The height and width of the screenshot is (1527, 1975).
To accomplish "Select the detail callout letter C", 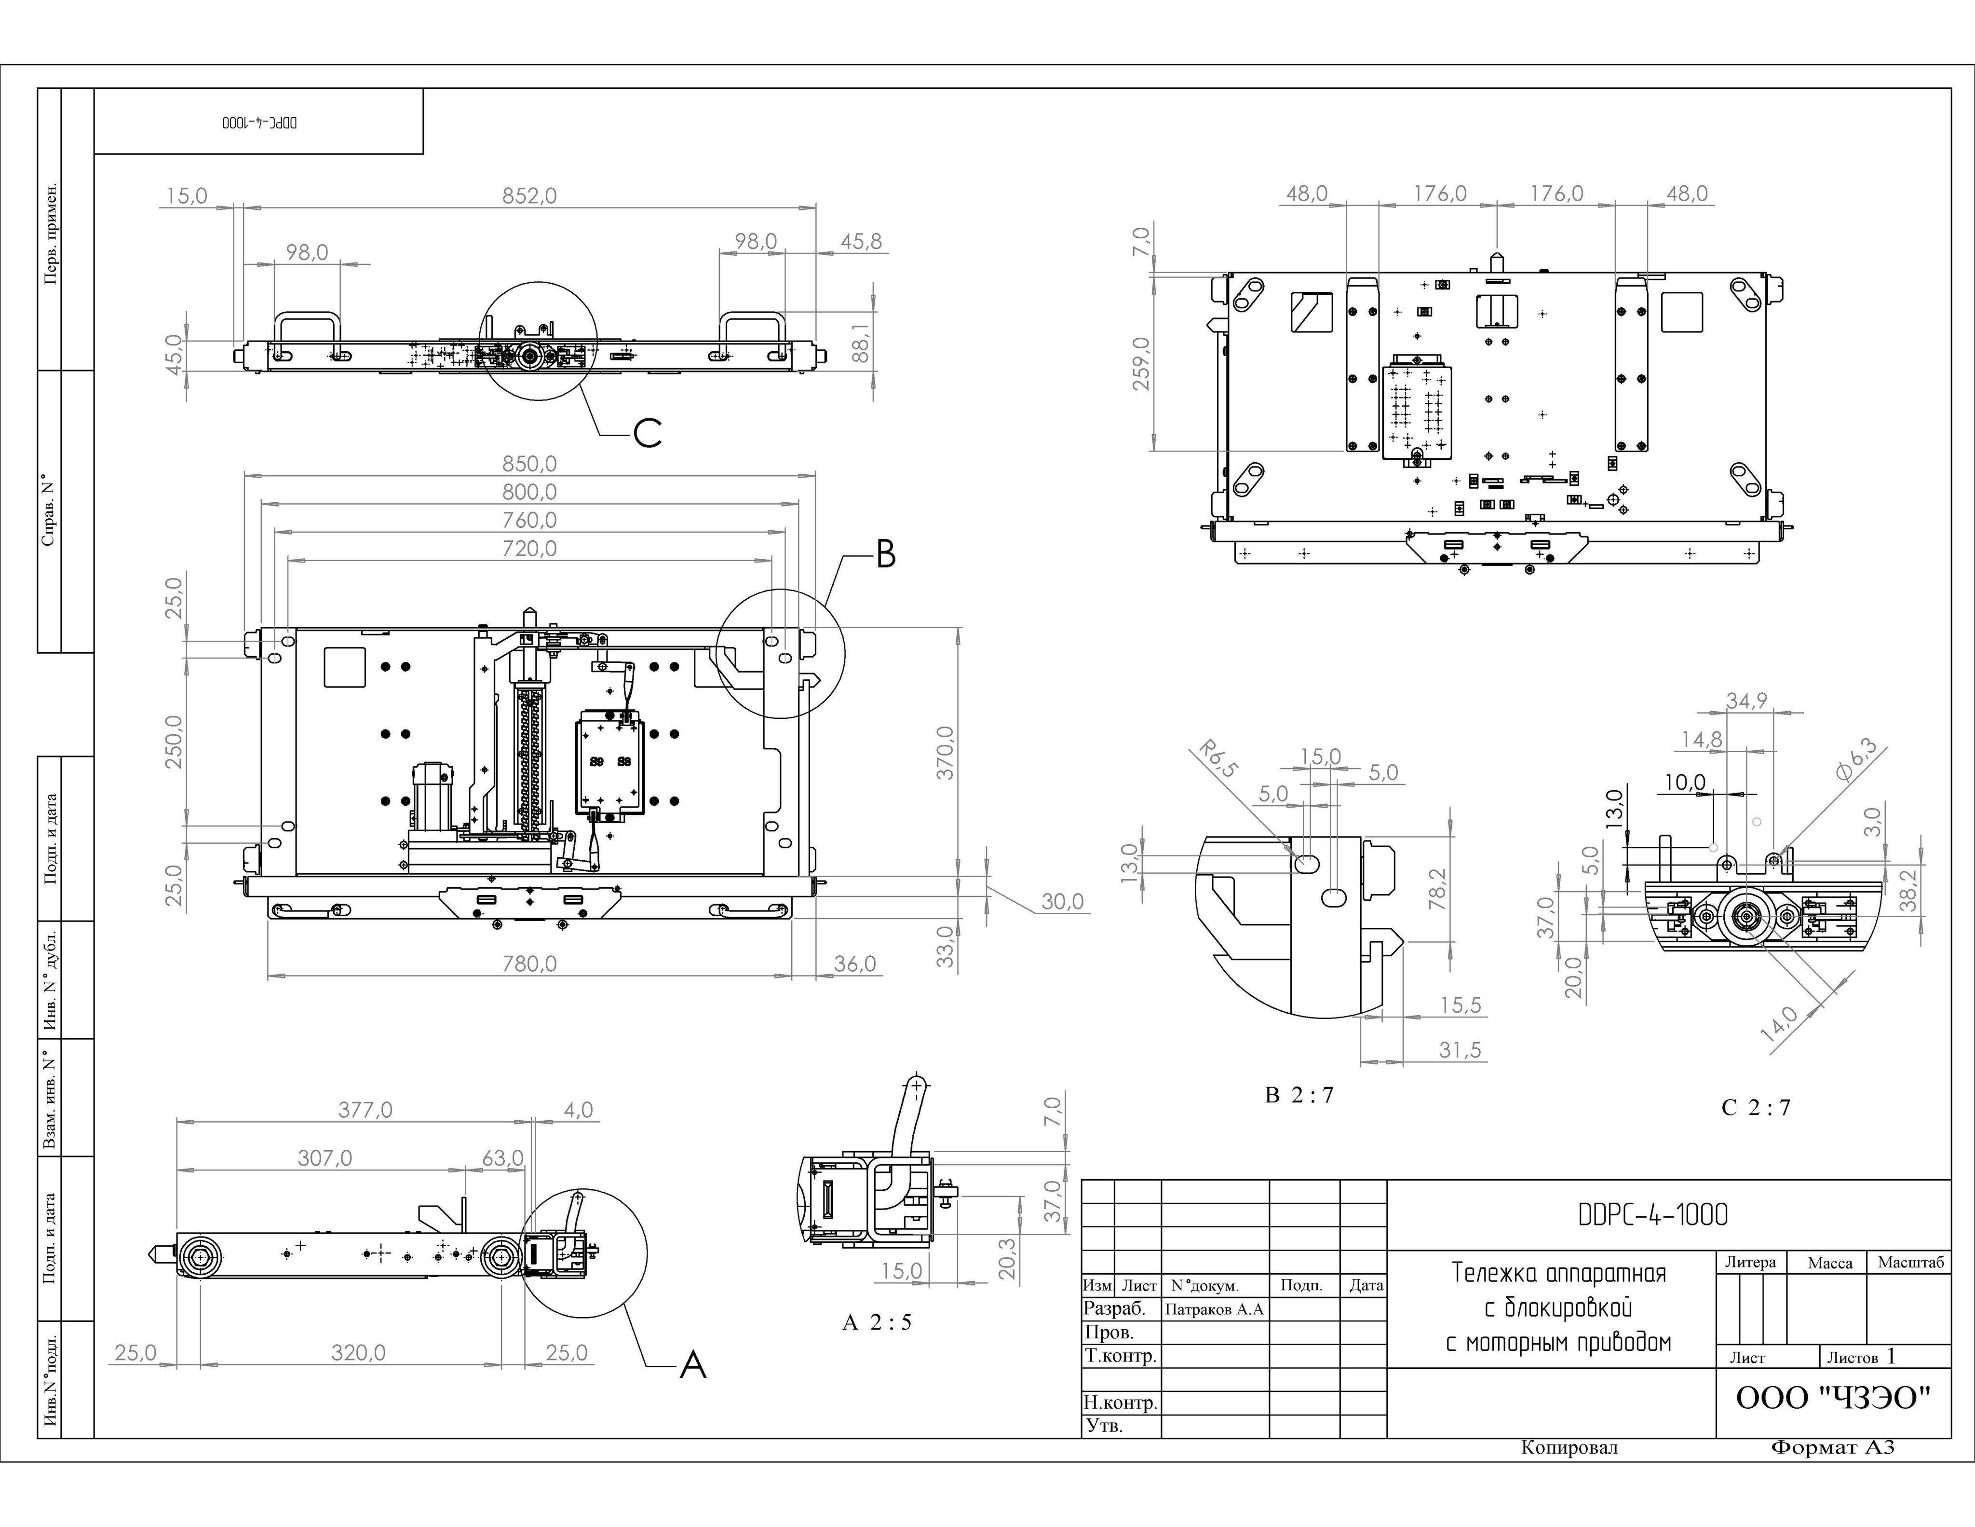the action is (648, 434).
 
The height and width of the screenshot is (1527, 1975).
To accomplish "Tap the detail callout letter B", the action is (886, 554).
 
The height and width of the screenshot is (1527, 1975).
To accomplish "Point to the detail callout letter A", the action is (693, 1364).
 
